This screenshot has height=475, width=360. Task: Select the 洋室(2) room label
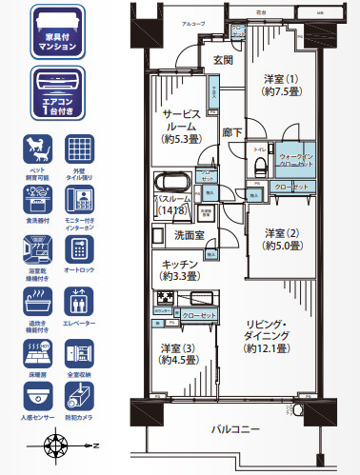pyautogui.click(x=282, y=239)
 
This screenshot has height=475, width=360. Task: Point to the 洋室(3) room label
pyautogui.click(x=178, y=353)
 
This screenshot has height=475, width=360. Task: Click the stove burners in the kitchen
pyautogui.click(x=163, y=300)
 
